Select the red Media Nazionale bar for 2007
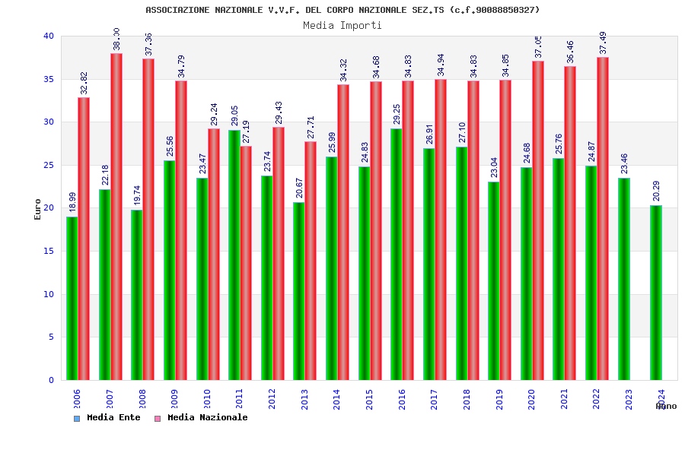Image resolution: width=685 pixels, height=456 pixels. coord(116,217)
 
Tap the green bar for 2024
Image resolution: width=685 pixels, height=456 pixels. coord(656,293)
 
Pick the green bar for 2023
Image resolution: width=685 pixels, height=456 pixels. coord(624,279)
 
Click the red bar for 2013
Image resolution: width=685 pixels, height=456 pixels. coord(311,261)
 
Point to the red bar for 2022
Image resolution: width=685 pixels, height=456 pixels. coord(603,218)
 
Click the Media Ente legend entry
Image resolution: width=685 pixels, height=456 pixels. coord(107,418)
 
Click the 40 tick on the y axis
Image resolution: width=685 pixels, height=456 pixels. coord(49,36)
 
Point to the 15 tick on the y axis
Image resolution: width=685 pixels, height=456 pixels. coord(49,252)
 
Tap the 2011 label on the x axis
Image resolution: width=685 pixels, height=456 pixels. coord(240,400)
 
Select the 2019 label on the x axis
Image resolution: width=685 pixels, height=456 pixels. coord(499,400)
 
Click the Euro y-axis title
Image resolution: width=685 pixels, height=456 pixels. coord(38,209)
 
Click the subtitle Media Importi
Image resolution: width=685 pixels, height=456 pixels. coord(342,26)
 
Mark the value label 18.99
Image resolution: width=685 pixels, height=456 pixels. coord(73,202)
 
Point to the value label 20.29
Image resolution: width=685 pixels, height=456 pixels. coord(657,191)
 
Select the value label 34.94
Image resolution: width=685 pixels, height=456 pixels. coord(441,65)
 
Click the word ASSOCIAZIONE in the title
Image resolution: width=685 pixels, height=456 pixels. coord(178,10)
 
